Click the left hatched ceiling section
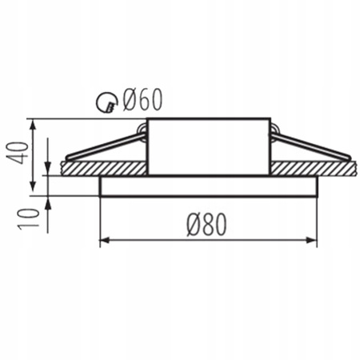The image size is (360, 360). coord(104,168)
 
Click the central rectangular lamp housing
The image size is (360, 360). coord(208,146)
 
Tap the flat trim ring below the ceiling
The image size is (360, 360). coord(208,186)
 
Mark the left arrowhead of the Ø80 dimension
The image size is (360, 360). coord(102,238)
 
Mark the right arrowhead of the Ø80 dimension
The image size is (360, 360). coord(314,238)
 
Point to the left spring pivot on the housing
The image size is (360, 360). coord(142,129)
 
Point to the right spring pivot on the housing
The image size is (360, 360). coord(274,129)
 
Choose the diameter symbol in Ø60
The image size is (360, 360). coord(128,99)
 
